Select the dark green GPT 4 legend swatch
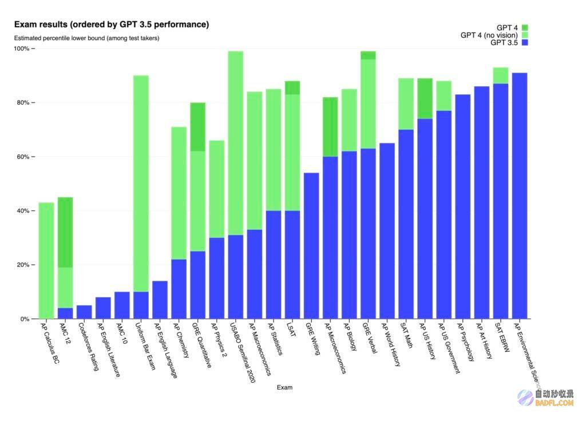point(525,27)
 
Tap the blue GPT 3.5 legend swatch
point(525,42)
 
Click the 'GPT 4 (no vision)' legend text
point(489,35)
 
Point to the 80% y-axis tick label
point(23,103)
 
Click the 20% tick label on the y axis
point(23,265)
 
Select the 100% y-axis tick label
point(21,49)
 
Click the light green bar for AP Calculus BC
point(46,261)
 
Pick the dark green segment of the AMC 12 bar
point(65,232)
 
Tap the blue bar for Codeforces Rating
point(84,312)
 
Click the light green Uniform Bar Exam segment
point(141,184)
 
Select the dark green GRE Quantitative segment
point(197,127)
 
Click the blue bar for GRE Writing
point(311,246)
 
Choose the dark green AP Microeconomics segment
point(330,127)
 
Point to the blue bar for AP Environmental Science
point(520,196)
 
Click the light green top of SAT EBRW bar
point(501,75)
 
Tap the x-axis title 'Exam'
point(284,388)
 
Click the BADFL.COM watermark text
point(554,403)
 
